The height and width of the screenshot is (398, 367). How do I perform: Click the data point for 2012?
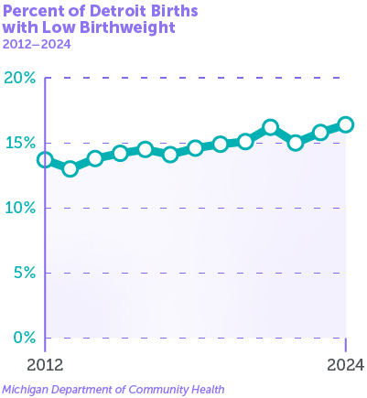pos(45,160)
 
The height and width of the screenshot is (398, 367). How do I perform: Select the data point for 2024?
pos(346,124)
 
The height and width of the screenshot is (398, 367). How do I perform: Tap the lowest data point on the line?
pos(70,168)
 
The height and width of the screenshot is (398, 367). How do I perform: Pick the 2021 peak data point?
pos(271,127)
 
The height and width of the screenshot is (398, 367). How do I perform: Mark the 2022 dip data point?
pos(296,143)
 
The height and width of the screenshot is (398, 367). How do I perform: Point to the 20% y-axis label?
pos(20,79)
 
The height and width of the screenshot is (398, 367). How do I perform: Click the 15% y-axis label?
pos(21,144)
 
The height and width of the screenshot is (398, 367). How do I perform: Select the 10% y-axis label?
pos(21,209)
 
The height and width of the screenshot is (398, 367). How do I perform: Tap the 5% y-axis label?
pos(25,274)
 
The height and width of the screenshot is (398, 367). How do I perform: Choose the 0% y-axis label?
pos(25,339)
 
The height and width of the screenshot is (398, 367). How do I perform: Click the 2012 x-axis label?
pos(45,365)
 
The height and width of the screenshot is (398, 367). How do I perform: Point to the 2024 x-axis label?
pos(346,365)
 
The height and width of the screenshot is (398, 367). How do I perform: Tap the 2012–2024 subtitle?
pos(37,45)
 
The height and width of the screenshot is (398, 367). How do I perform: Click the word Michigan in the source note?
pos(26,390)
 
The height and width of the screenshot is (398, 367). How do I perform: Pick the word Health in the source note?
pos(208,390)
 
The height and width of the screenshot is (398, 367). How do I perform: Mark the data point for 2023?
pos(320,133)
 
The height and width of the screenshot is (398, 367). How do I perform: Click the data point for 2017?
pos(170,155)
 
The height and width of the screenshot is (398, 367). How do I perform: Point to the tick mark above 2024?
pos(346,345)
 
